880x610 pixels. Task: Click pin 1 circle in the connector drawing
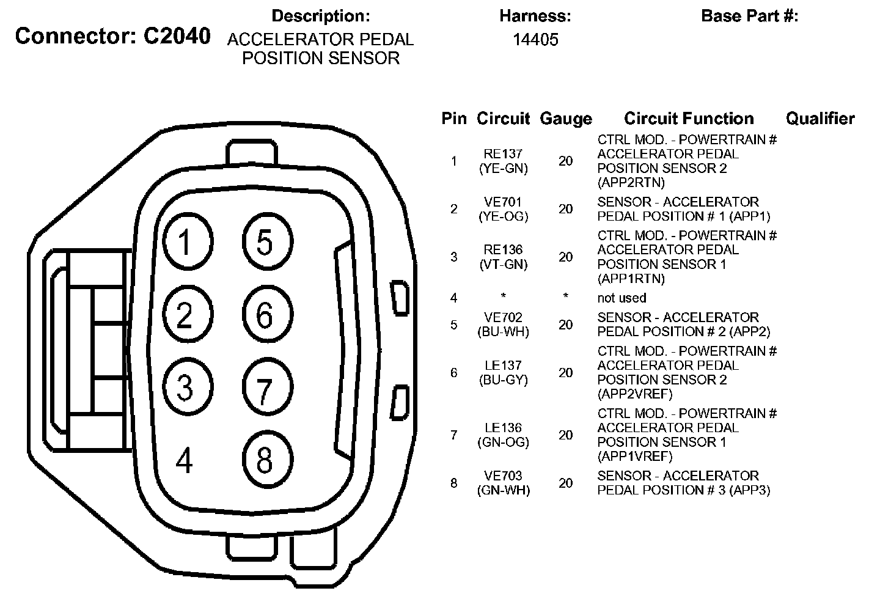[188, 242]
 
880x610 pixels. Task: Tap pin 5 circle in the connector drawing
[267, 242]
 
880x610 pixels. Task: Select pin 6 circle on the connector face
[267, 315]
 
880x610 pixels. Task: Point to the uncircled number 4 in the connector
[185, 460]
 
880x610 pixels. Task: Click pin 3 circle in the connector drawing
[188, 387]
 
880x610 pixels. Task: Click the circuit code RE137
[503, 154]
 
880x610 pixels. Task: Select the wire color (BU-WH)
[503, 332]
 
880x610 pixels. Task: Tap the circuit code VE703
[503, 476]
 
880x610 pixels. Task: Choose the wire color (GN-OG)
[503, 442]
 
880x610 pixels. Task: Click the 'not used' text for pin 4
[621, 298]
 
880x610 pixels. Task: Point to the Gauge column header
[565, 119]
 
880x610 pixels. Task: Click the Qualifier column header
[820, 119]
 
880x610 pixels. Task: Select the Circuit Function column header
[689, 119]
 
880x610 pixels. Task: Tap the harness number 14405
[535, 40]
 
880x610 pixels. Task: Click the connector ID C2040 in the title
[177, 36]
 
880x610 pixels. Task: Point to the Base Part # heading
[749, 16]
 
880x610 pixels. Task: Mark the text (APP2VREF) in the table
[635, 394]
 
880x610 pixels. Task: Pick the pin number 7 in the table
[453, 435]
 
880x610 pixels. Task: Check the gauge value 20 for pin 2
[565, 209]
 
